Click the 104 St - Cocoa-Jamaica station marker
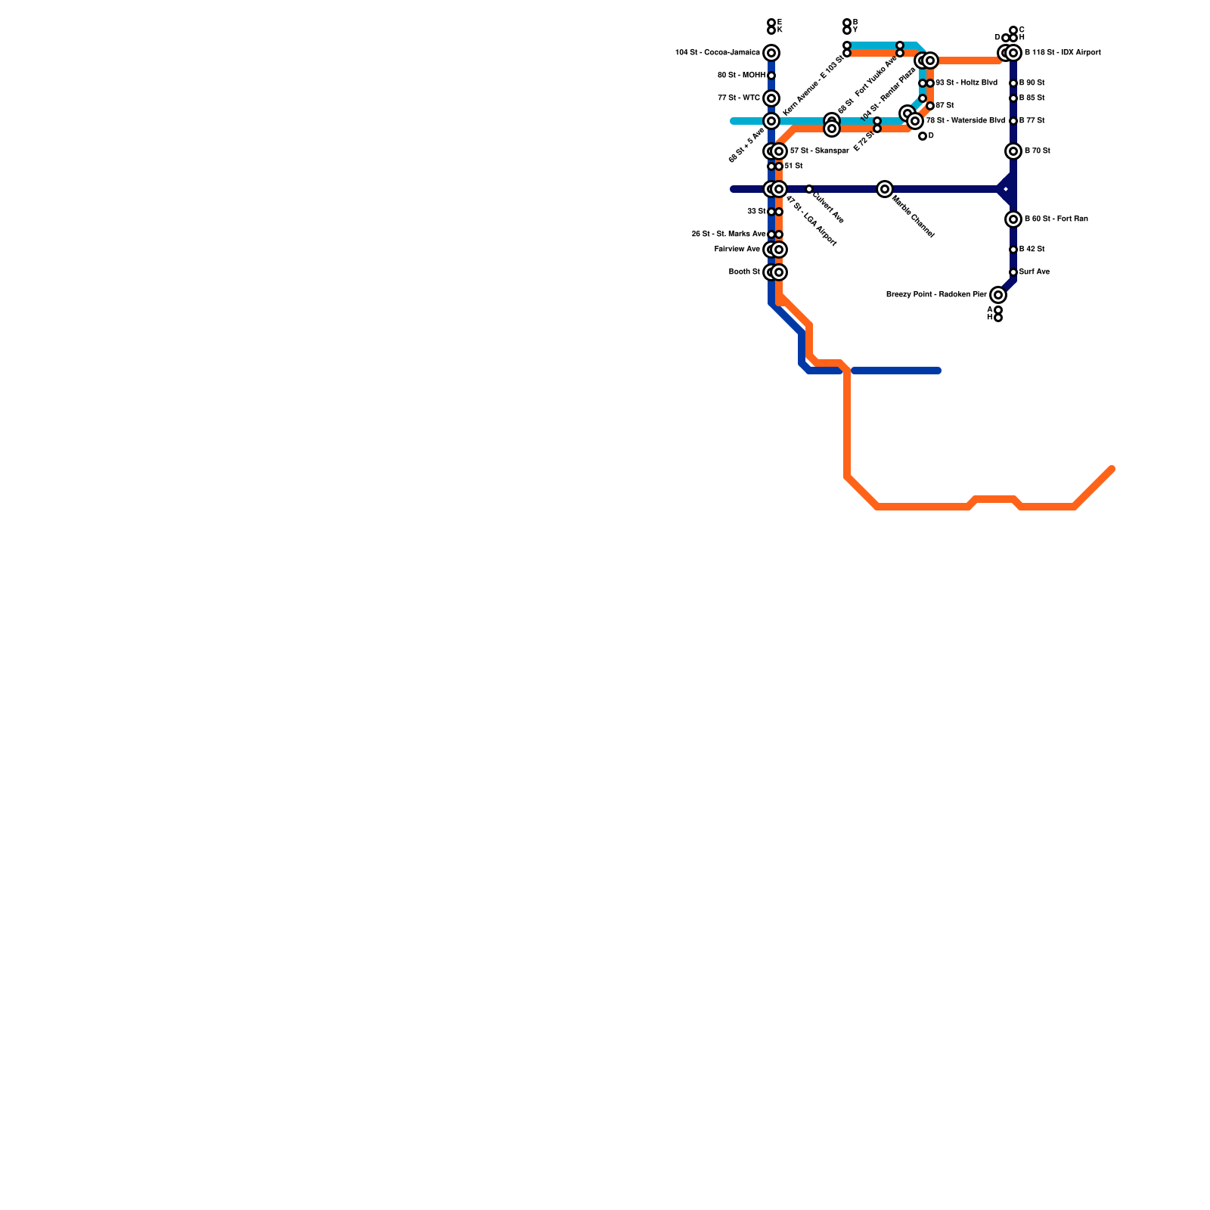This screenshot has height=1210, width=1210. pos(771,53)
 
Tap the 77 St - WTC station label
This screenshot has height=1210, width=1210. pos(739,98)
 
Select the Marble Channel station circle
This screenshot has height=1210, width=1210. pos(885,189)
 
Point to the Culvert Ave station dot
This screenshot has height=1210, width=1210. pos(809,189)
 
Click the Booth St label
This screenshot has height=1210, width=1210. pos(744,272)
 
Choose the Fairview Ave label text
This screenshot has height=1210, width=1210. pos(737,250)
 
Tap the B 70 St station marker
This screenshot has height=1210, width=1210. pos(1013,151)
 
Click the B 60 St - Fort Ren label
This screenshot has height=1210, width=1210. pos(1056,219)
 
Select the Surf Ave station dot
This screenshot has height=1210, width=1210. pos(1013,272)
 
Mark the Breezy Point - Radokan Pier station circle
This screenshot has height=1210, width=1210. pos(998,295)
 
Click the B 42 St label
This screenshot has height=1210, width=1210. pos(1032,250)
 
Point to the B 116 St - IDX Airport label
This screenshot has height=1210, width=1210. pos(1063,53)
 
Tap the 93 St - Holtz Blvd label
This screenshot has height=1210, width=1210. pos(966,83)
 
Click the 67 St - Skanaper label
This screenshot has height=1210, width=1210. pos(819,151)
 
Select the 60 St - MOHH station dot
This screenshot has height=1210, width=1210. pos(771,76)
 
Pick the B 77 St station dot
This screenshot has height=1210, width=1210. pos(1013,121)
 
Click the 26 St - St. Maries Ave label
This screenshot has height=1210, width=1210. pos(728,234)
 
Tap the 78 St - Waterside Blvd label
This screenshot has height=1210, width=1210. pos(966,121)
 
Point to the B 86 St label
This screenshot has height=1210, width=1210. pos(1032,98)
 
